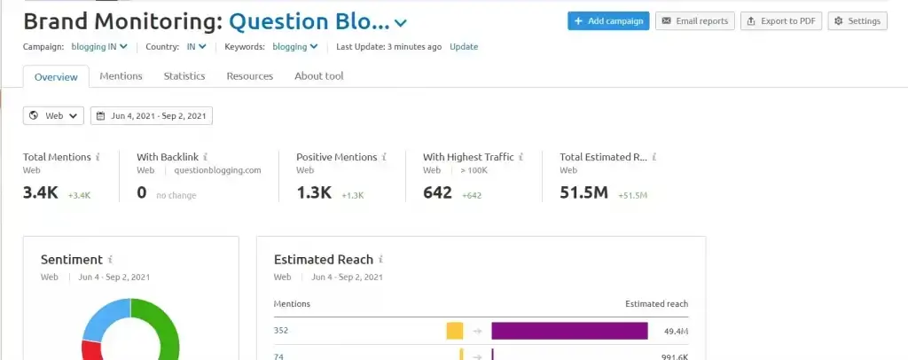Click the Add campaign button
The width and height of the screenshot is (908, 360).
pos(608,21)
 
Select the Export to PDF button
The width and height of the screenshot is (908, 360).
pos(781,21)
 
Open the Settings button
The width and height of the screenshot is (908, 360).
pos(857,21)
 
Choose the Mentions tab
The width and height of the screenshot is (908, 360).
pos(121,76)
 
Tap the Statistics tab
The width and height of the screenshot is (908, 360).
pos(184,76)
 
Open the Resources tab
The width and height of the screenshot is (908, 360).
pos(250,76)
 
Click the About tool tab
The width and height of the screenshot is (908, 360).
pos(318,76)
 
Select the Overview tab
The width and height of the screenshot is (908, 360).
pos(56,77)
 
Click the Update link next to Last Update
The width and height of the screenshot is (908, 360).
pos(463,46)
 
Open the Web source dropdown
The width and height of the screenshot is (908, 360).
pos(53,115)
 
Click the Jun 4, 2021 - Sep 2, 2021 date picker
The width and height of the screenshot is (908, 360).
pos(152,115)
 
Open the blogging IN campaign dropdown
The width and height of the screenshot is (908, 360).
pos(99,46)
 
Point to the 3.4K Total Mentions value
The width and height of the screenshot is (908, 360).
pos(42,192)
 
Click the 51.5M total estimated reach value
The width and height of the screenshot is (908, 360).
pos(583,192)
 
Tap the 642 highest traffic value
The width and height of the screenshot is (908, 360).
pos(437,192)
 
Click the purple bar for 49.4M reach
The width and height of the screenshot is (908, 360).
pos(569,331)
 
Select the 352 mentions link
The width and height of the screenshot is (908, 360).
pos(282,331)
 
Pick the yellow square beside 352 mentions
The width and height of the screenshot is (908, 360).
pos(455,331)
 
